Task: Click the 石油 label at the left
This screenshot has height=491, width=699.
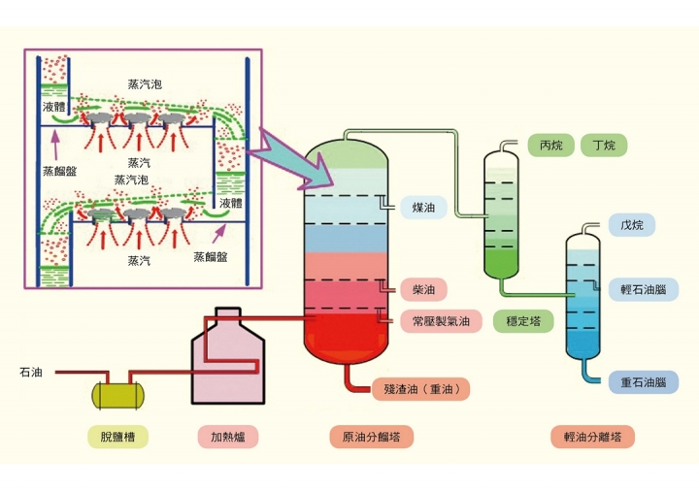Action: point(30,372)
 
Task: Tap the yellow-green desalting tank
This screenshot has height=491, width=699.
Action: point(117,393)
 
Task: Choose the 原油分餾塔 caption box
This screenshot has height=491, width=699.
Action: point(371,437)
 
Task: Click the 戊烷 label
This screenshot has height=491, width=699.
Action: point(632,224)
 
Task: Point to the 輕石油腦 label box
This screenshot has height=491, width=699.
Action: point(643,289)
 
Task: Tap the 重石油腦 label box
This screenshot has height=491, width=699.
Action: point(643,382)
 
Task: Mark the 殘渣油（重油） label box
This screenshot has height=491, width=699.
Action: point(421,389)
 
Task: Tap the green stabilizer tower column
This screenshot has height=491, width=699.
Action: point(503,209)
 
